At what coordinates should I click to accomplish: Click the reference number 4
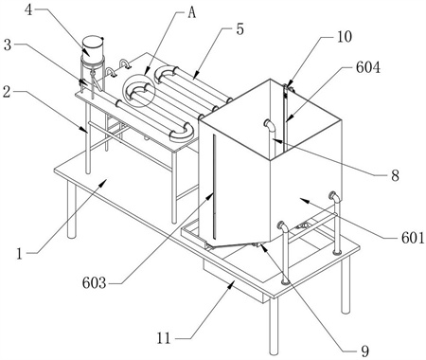pyautogui.click(x=28, y=10)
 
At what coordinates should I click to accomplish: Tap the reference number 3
pyautogui.click(x=8, y=45)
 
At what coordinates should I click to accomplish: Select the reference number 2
pyautogui.click(x=7, y=92)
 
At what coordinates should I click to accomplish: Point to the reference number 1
pyautogui.click(x=20, y=253)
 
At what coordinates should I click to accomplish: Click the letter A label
pyautogui.click(x=191, y=12)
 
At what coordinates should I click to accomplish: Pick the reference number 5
pyautogui.click(x=240, y=29)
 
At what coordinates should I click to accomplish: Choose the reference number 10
pyautogui.click(x=345, y=37)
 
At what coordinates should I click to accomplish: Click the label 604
pyautogui.click(x=368, y=67)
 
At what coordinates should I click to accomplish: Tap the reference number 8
pyautogui.click(x=395, y=175)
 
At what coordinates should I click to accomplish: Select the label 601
pyautogui.click(x=413, y=238)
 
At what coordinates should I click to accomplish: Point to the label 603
pyautogui.click(x=94, y=282)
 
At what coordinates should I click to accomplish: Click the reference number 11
pyautogui.click(x=164, y=339)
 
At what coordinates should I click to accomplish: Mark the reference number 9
pyautogui.click(x=364, y=351)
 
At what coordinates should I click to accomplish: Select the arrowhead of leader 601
pyautogui.click(x=302, y=200)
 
